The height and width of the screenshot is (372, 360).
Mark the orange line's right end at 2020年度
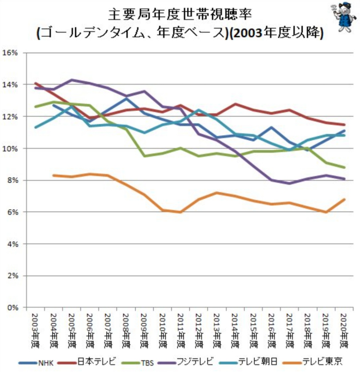[x=344, y=199]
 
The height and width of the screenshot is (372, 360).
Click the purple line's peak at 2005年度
[x=72, y=80]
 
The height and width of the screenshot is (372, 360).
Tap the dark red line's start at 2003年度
[x=35, y=83]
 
